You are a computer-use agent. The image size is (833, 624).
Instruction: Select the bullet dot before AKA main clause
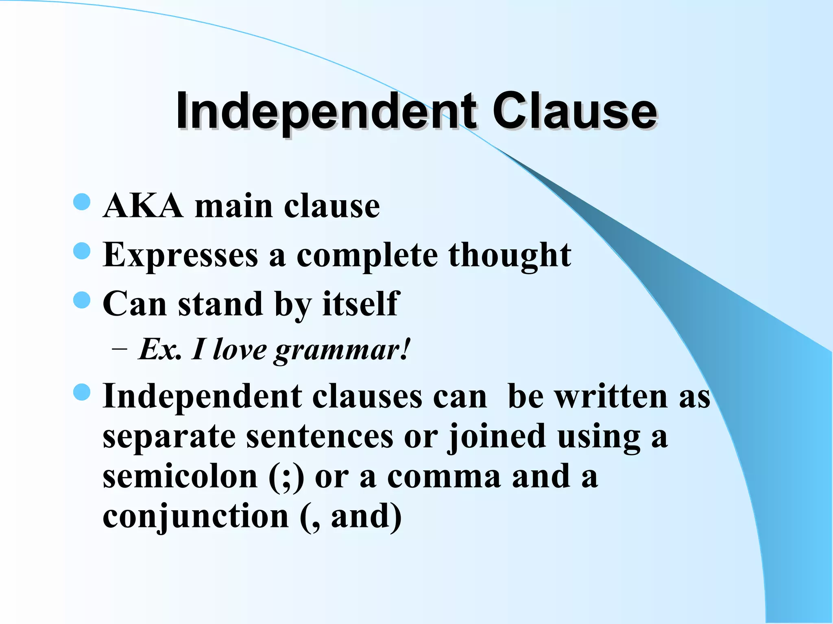82,202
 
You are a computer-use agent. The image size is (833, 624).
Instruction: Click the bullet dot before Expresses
82,251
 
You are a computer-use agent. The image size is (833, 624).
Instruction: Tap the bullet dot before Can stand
82,300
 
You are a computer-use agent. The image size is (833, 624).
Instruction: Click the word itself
361,303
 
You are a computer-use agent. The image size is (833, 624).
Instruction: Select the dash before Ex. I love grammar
119,349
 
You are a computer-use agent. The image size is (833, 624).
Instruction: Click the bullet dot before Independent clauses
82,392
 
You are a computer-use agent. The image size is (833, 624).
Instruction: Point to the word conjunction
196,517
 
